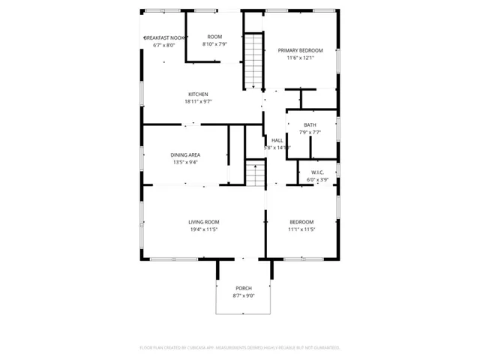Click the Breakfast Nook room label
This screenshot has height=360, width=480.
pos(164,37)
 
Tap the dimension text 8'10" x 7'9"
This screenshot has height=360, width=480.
pos(214,44)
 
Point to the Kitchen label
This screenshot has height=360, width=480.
pos(198,94)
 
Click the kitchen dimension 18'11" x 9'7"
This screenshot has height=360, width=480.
pos(198,102)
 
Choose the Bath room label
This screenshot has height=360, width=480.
pos(310,125)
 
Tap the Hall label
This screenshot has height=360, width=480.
pos(277,140)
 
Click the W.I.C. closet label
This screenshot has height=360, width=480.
pos(316,172)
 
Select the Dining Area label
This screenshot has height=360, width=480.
pos(184,154)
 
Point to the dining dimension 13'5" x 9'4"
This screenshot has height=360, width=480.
pos(184,162)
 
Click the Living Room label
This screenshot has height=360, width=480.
pos(203,222)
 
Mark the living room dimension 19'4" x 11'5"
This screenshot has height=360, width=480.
pos(203,229)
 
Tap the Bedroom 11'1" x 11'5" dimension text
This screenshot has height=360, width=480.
pos(301,229)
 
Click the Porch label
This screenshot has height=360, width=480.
pos(244,289)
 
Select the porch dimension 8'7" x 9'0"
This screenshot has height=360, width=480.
pos(244,296)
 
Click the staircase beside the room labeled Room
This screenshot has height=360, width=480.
pos(253,60)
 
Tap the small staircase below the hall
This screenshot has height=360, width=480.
pos(256,176)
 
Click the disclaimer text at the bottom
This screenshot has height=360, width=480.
pos(240,348)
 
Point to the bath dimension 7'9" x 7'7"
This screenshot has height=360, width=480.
pos(310,133)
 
